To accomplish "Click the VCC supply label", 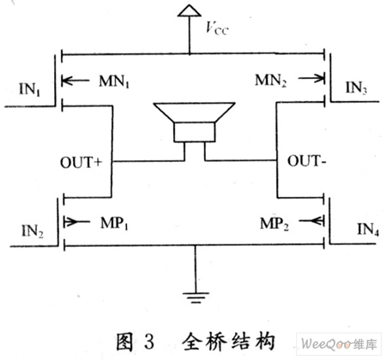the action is pos(217,28).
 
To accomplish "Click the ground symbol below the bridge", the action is pos(196,297).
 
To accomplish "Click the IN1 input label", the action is pos(30,89).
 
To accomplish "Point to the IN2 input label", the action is pos(33,231).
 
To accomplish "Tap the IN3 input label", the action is pos(356,87).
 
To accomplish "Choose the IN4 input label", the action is pos(368,229).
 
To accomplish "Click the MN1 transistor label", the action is pos(114,81).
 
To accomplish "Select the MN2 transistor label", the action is pos(270,81).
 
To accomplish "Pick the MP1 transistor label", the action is pos(114,223).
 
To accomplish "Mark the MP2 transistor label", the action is pos(274,224).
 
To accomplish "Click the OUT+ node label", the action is pos(81,162).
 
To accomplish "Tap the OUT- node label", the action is pos(306,161).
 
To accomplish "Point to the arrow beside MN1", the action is pos(75,81).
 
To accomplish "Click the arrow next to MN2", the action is pos(311,78).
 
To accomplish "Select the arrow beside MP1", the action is pos(76,221).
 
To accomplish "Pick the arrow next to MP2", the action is pos(311,220).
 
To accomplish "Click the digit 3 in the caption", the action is pos(149,341).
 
